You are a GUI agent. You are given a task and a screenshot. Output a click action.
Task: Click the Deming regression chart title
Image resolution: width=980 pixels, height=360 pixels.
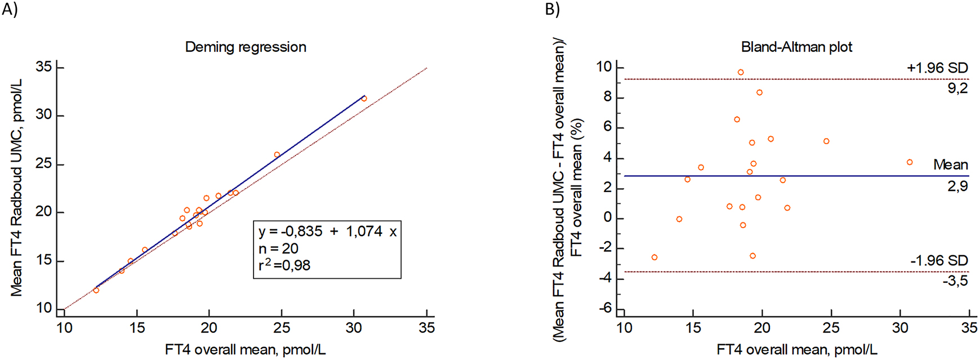point(246,47)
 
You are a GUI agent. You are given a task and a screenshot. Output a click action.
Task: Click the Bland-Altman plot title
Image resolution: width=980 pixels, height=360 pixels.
point(796,47)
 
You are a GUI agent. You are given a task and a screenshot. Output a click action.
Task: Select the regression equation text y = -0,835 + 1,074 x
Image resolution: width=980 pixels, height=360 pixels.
point(327,232)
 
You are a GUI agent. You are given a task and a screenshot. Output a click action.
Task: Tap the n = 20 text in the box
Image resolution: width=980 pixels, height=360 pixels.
point(278,248)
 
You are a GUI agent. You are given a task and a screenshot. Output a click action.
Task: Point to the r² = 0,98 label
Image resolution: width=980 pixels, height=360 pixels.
point(284,265)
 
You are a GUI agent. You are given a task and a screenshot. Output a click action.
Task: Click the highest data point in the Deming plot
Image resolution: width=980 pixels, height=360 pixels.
point(364,99)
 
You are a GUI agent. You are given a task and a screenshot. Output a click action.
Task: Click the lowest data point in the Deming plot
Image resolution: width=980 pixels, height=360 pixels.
point(96,290)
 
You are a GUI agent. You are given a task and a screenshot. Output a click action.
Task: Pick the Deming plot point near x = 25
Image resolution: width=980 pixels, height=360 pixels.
point(277,154)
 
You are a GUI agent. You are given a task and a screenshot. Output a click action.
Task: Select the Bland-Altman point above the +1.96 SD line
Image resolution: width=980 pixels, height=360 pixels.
point(741,72)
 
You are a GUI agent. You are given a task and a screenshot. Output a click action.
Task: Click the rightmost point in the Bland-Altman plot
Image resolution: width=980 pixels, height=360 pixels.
point(910,162)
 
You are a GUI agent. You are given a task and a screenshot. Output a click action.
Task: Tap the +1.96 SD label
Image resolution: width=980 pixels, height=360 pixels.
point(937,68)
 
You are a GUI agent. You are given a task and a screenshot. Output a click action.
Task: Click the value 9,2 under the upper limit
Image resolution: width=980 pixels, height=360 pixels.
point(957,88)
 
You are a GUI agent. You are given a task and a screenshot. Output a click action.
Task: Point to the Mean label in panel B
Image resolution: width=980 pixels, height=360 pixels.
point(951,165)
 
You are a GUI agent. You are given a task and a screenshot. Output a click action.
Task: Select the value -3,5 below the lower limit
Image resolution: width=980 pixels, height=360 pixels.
point(955,281)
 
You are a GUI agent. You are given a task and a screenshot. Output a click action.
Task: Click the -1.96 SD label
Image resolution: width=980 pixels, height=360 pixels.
point(939,261)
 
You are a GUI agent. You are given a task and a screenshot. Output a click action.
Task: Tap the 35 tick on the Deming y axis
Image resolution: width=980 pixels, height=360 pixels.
point(44,67)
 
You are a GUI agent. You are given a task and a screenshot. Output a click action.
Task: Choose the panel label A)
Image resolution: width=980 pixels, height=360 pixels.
point(10,10)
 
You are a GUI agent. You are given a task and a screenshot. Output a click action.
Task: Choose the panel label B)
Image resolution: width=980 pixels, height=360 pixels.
point(553,10)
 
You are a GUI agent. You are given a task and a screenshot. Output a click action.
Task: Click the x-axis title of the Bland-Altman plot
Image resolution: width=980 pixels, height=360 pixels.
point(796,350)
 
